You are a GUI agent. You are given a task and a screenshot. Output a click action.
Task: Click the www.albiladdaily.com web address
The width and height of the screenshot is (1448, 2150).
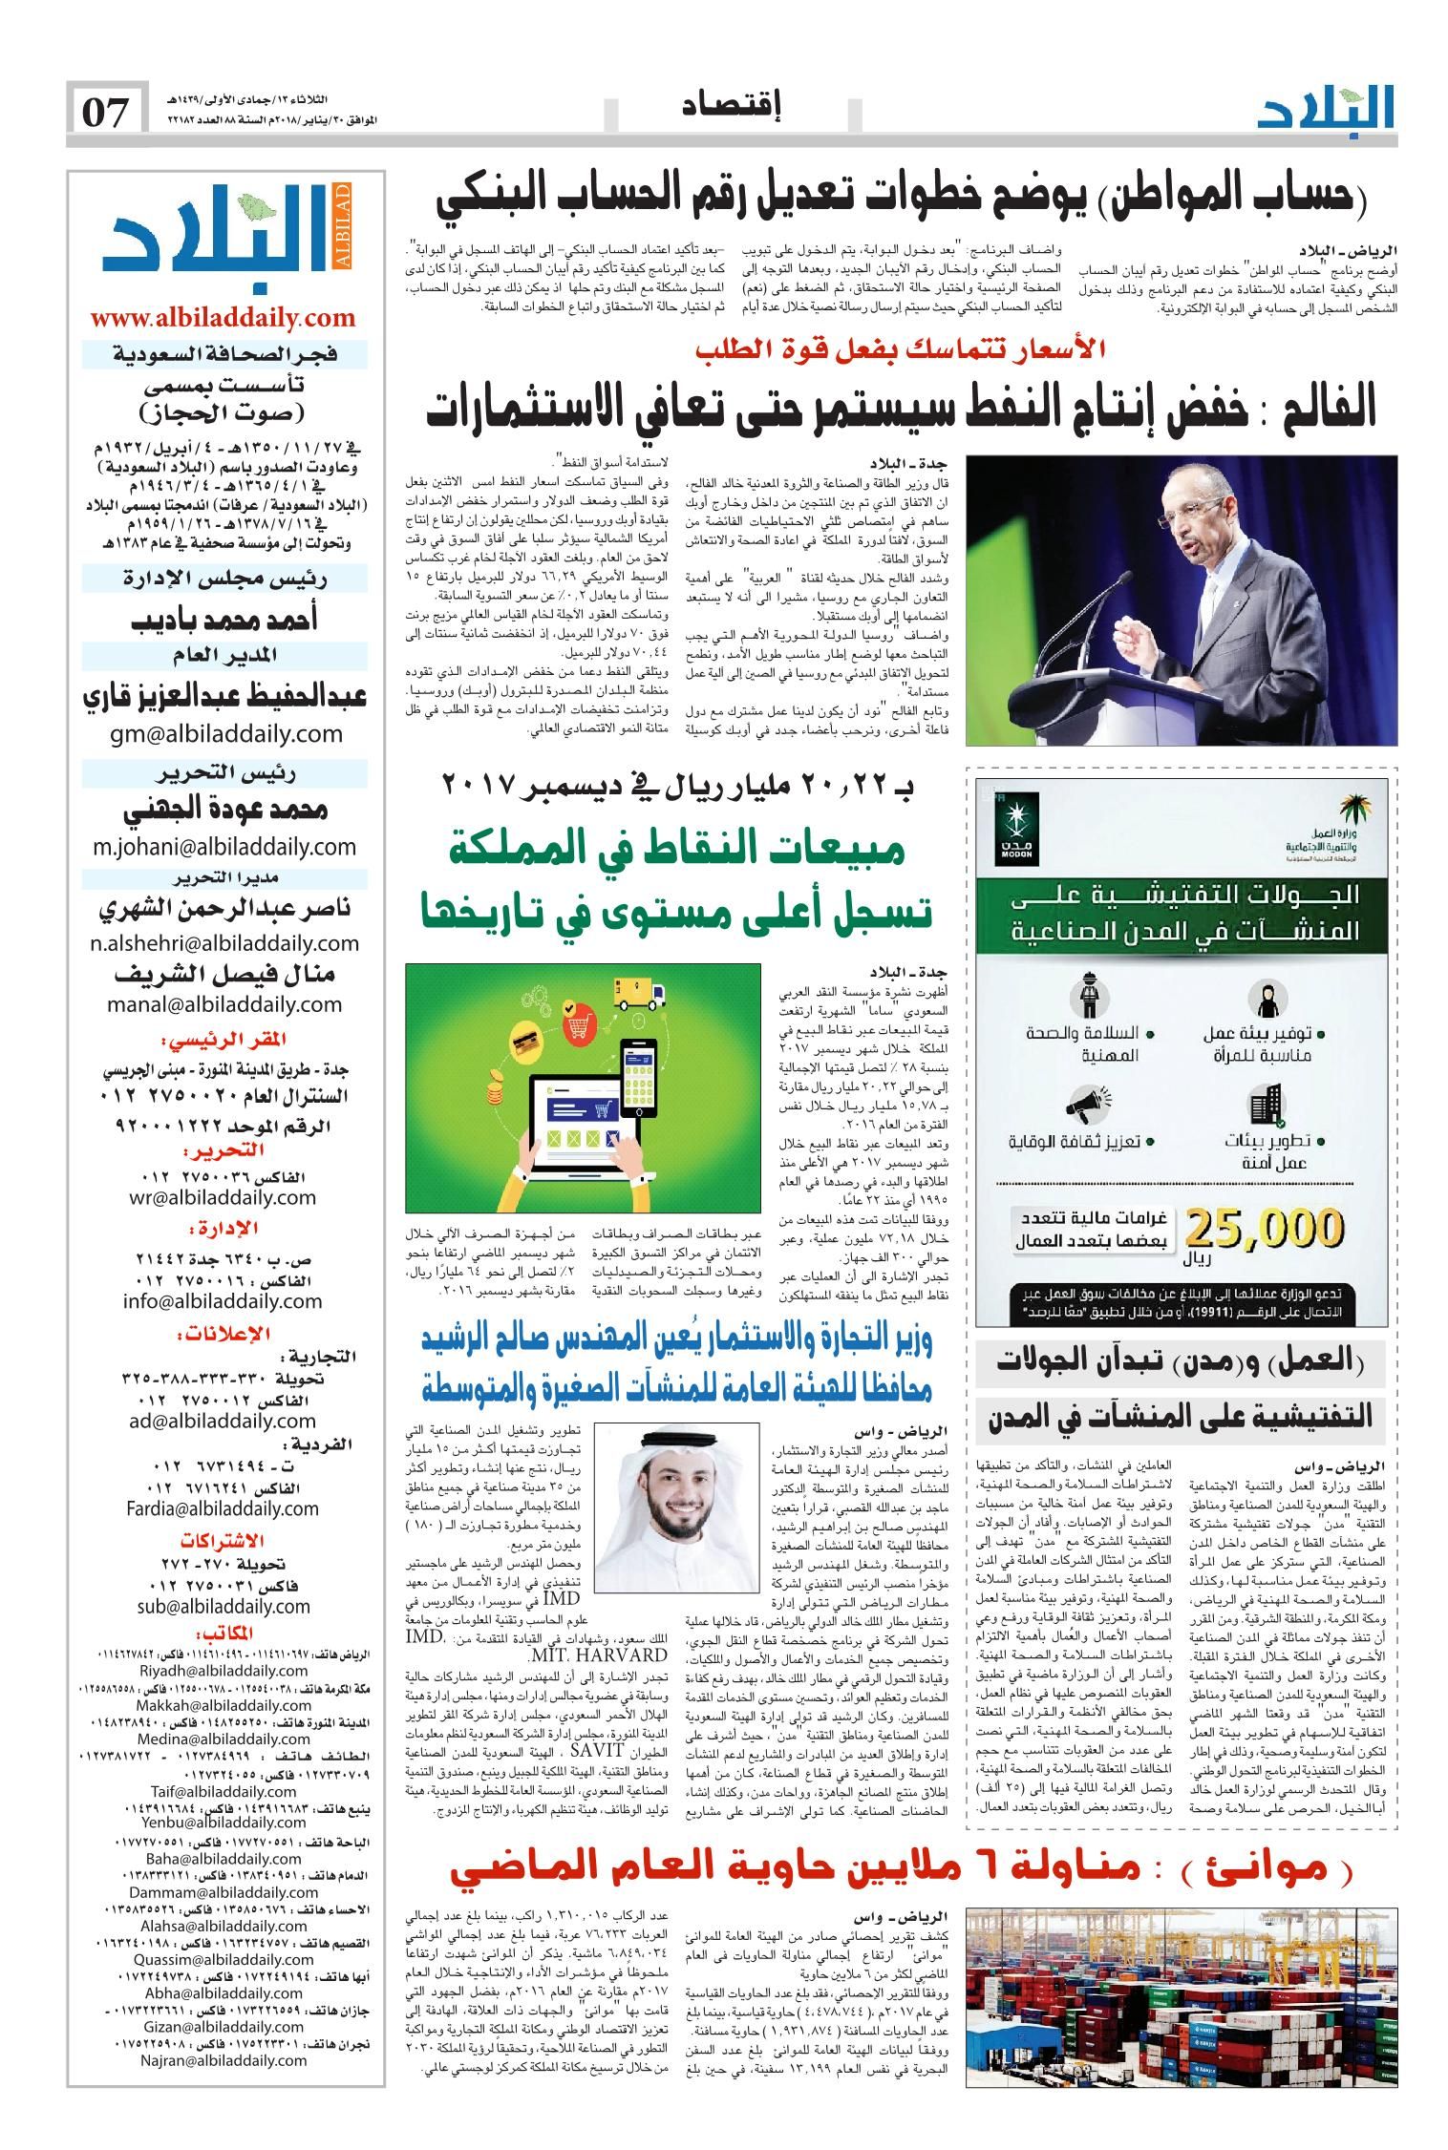point(224,317)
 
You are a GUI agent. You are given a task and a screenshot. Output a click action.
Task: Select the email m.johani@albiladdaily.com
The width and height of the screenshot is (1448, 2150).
point(224,847)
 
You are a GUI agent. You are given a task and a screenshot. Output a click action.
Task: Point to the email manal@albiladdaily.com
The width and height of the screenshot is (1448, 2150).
point(224,1004)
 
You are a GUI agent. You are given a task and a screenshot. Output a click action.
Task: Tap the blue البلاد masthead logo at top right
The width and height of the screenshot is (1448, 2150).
point(1327,109)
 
